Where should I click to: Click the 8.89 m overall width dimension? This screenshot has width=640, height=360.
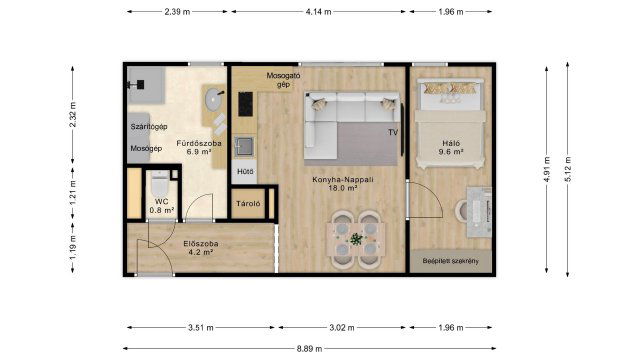point(309,349)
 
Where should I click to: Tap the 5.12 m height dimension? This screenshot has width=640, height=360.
point(568,169)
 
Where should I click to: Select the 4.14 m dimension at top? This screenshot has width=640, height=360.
point(318,12)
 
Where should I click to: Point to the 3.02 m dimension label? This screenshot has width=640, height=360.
point(342,327)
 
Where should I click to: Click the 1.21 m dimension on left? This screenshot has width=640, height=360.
point(73,193)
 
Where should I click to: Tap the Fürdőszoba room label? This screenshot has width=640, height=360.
point(199,143)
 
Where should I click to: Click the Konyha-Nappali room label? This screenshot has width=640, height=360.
point(343,180)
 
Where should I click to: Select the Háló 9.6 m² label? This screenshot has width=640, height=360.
point(451,147)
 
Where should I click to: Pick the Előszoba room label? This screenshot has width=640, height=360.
point(201,244)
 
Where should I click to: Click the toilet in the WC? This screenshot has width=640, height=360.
point(160,184)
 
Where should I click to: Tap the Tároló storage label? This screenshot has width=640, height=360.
point(248,204)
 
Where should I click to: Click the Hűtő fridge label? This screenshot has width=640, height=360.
point(245,172)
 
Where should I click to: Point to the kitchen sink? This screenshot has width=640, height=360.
point(244,147)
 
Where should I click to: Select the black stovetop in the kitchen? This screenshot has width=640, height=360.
point(245,104)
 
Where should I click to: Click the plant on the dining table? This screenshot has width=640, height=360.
point(356,239)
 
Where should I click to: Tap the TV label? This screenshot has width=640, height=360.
point(393,132)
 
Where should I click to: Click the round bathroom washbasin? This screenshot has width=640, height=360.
point(213,99)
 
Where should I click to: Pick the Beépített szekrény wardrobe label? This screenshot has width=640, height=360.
point(451,261)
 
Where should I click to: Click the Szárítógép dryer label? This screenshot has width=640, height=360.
point(149,127)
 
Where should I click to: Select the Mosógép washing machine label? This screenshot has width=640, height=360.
point(146,149)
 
